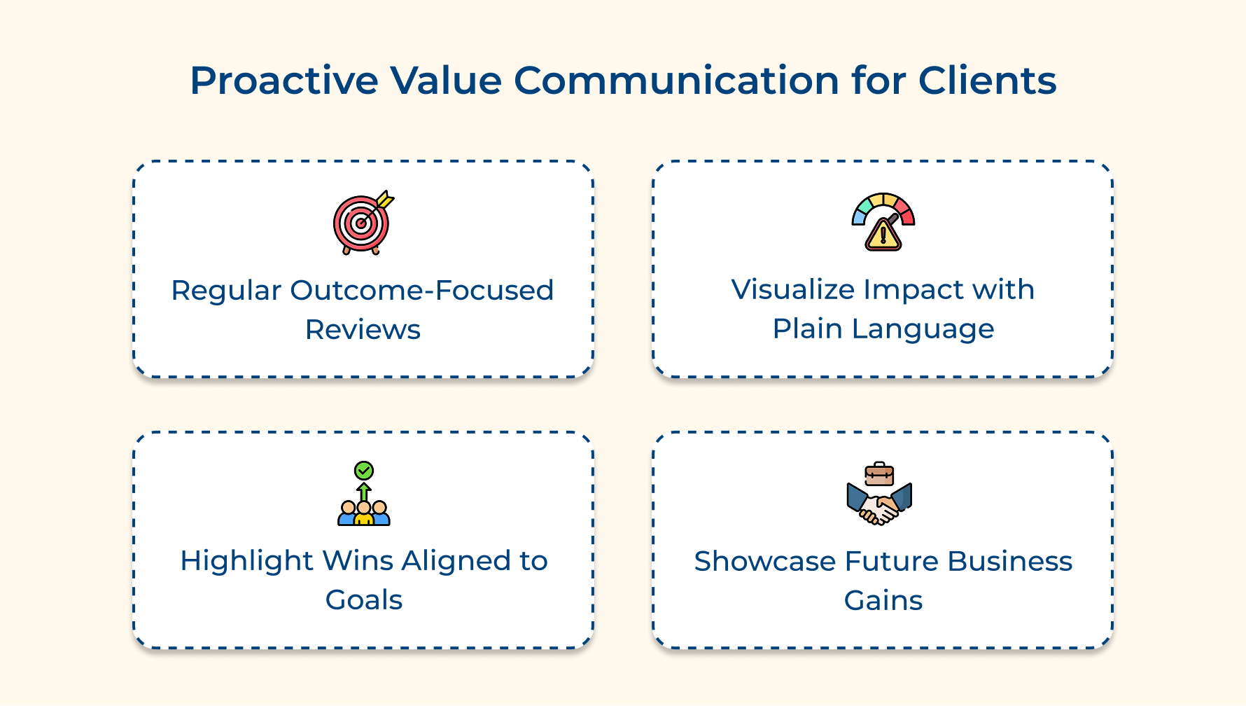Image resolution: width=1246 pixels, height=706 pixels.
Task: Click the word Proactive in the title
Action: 283,81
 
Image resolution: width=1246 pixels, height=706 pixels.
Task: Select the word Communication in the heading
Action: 676,81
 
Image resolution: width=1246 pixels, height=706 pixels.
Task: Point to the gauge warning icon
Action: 883,221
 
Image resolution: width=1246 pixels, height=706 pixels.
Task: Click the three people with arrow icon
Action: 363,506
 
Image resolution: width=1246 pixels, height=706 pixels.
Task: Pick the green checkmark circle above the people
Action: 364,470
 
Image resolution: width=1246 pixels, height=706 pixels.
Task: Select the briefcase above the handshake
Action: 879,474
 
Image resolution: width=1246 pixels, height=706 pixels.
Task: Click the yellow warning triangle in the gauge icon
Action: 883,235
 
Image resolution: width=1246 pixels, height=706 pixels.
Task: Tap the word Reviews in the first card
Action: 363,330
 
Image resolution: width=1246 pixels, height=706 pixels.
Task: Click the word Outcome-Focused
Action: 422,291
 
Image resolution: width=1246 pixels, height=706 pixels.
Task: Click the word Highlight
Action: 246,561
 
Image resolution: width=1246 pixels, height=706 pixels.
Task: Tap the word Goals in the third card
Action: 364,600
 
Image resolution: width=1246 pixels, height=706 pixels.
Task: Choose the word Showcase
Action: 765,562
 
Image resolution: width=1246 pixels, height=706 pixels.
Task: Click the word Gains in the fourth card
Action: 883,601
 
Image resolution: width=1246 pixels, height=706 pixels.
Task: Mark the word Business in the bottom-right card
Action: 1009,562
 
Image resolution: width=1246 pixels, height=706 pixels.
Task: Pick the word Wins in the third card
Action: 358,561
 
